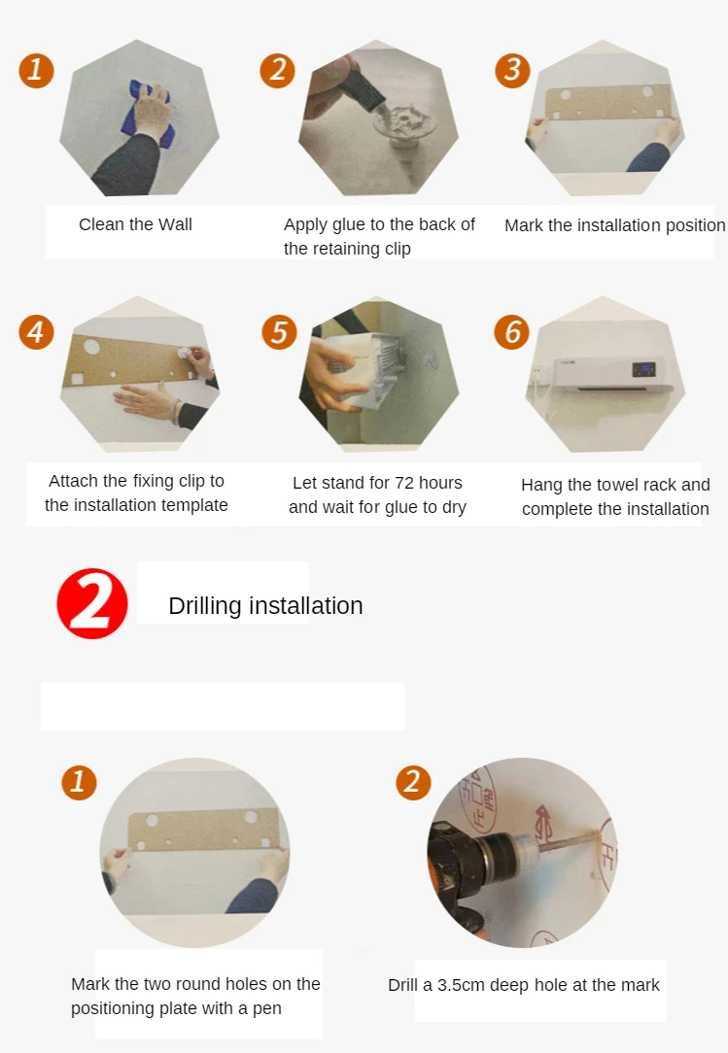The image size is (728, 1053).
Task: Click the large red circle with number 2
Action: click(x=92, y=603)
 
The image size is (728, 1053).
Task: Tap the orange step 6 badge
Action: click(x=512, y=332)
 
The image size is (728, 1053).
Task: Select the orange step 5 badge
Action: click(x=279, y=332)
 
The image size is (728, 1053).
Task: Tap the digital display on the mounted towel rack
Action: click(x=643, y=369)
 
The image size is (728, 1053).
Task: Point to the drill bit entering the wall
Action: click(x=569, y=840)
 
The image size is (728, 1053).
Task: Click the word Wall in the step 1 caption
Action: click(x=176, y=224)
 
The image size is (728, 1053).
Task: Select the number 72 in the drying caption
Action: click(x=404, y=483)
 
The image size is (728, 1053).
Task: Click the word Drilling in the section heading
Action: click(x=205, y=606)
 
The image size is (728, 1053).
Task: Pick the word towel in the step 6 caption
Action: click(x=618, y=485)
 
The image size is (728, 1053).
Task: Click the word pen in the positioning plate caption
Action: click(x=267, y=1009)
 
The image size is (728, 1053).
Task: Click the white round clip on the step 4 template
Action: click(x=183, y=352)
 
